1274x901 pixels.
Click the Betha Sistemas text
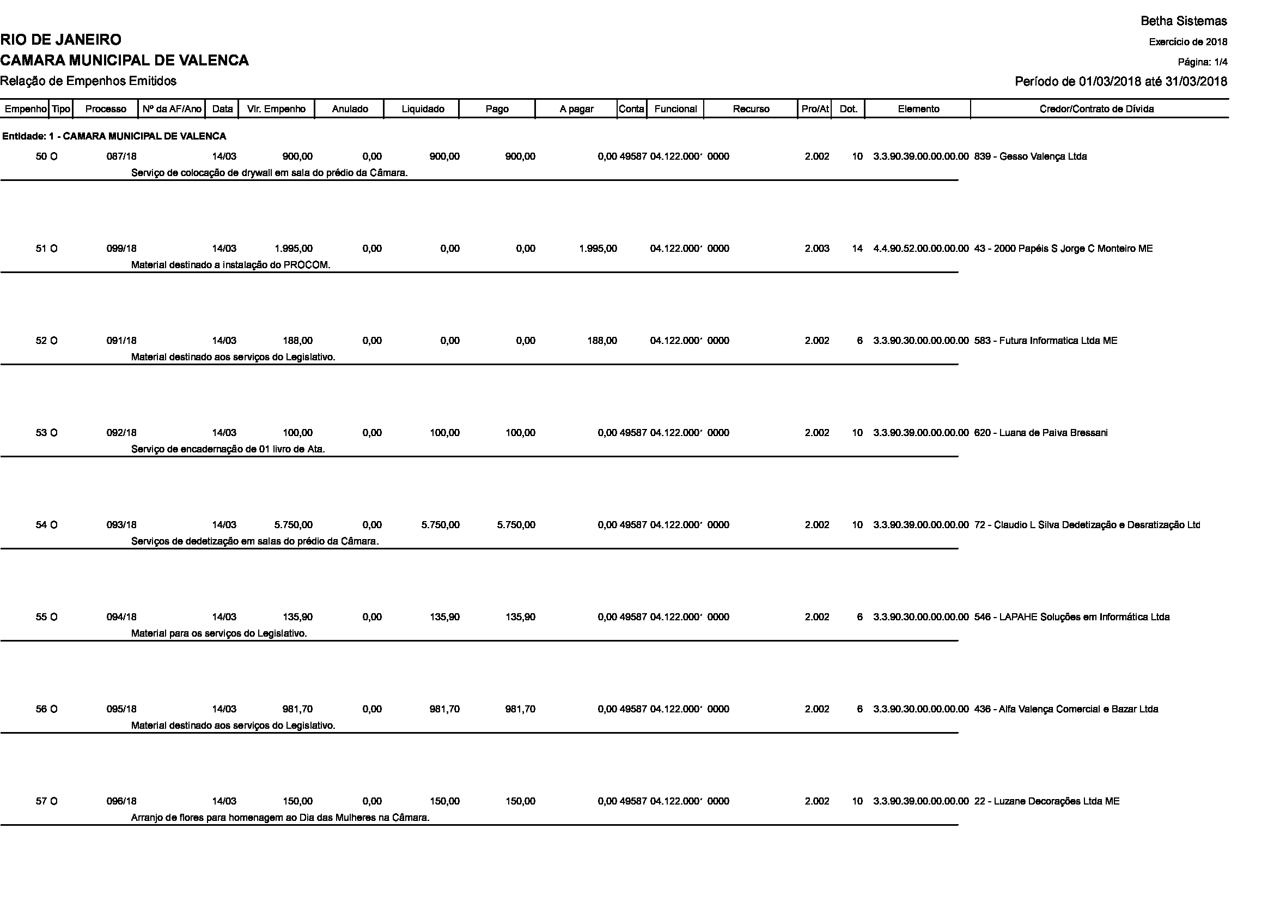pos(1184,21)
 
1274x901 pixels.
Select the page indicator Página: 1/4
pos(1203,62)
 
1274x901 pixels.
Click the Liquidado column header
pos(422,109)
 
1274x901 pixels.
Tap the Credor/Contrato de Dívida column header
pos(1096,109)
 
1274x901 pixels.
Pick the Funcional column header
pos(675,109)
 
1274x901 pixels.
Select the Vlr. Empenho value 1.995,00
pos(294,249)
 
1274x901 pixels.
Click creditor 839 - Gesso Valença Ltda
pos(1030,156)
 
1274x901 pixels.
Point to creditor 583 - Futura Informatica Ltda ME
pos(1045,341)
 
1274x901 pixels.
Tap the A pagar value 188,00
pos(602,341)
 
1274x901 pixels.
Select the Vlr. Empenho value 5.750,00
pos(294,525)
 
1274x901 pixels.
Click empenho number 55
pos(41,618)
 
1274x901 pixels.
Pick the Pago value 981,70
pos(520,710)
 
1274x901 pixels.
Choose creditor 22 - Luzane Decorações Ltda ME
pos(1046,802)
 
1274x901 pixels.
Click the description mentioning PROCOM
pos(230,265)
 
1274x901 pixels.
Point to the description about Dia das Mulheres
pos(280,818)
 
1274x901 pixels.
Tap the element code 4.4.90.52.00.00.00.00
pos(921,249)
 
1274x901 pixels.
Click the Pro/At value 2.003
pos(817,249)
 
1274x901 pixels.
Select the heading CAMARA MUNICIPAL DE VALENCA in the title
pos(124,60)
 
